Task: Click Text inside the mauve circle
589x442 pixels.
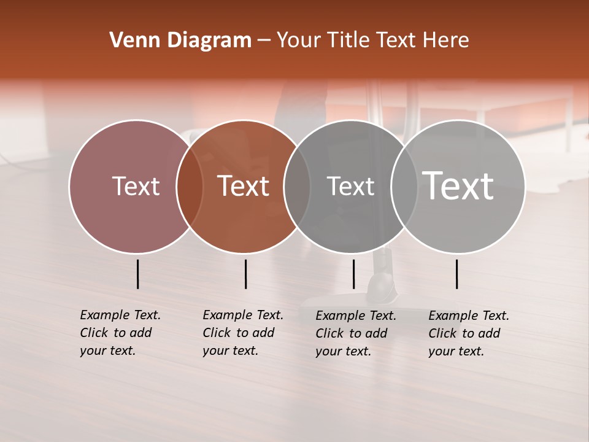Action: [136, 186]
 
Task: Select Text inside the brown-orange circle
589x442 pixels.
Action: [244, 186]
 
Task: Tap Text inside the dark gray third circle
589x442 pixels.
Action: [350, 186]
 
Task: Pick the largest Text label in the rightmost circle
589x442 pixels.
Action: [458, 186]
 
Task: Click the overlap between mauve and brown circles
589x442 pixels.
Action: [190, 186]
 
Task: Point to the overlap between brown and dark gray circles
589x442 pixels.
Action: [297, 186]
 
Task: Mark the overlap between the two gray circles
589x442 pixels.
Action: [404, 186]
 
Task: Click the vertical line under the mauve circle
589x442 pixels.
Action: [138, 274]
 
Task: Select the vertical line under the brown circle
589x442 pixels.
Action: [245, 274]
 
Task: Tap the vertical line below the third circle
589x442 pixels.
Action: [353, 274]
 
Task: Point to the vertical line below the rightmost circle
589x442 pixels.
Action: [457, 274]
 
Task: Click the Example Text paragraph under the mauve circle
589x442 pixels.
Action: [120, 333]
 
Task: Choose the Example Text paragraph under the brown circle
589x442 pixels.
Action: [242, 333]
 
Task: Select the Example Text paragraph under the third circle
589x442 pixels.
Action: [355, 333]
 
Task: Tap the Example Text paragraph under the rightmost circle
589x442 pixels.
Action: [468, 333]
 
